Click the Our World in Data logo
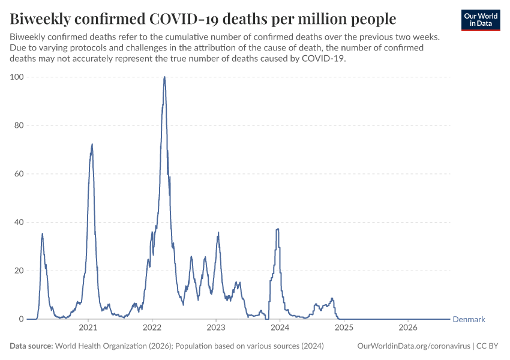tap(481, 20)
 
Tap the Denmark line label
tap(469, 319)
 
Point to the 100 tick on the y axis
tap(17, 77)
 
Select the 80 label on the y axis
tap(19, 125)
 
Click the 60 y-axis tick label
tap(19, 173)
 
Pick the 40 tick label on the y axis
tap(19, 222)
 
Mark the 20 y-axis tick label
tap(19, 271)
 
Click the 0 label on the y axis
tap(22, 319)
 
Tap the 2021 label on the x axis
tap(88, 328)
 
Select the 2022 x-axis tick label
tap(152, 328)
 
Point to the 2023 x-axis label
tap(216, 328)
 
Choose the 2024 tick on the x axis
tap(280, 328)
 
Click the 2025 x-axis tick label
tap(344, 328)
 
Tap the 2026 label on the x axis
tap(408, 328)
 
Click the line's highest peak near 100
tap(164, 77)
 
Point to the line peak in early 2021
tap(92, 144)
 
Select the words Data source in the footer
tap(31, 346)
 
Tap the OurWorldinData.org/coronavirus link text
tap(414, 346)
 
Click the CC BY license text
tap(487, 346)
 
